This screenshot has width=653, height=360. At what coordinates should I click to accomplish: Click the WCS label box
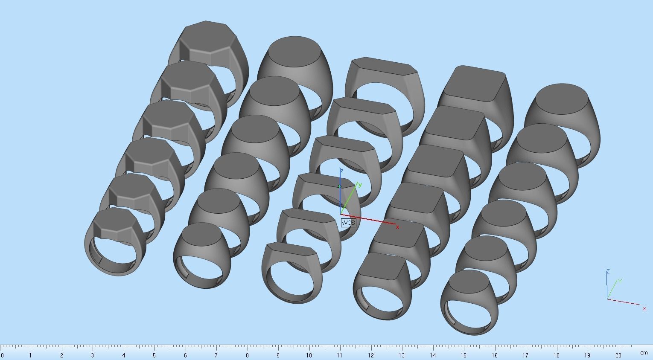click(x=348, y=223)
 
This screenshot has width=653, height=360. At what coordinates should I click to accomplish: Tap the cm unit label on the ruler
click(x=644, y=353)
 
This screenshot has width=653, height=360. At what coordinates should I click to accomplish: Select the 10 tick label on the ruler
click(x=309, y=355)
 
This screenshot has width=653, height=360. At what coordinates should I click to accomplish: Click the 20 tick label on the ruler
click(x=618, y=355)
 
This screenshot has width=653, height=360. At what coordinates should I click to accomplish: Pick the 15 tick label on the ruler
click(x=464, y=355)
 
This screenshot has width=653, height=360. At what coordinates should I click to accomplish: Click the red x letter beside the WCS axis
click(x=397, y=227)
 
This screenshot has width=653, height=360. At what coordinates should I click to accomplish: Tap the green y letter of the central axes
click(x=360, y=185)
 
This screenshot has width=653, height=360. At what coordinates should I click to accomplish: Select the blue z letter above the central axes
click(x=342, y=171)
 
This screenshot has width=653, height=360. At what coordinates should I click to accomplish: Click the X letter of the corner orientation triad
click(x=644, y=309)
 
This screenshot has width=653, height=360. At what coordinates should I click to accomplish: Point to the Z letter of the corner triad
click(x=608, y=271)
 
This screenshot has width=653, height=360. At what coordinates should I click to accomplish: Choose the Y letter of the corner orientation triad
click(x=620, y=281)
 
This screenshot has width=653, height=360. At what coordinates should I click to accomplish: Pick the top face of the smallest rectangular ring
click(x=292, y=249)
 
